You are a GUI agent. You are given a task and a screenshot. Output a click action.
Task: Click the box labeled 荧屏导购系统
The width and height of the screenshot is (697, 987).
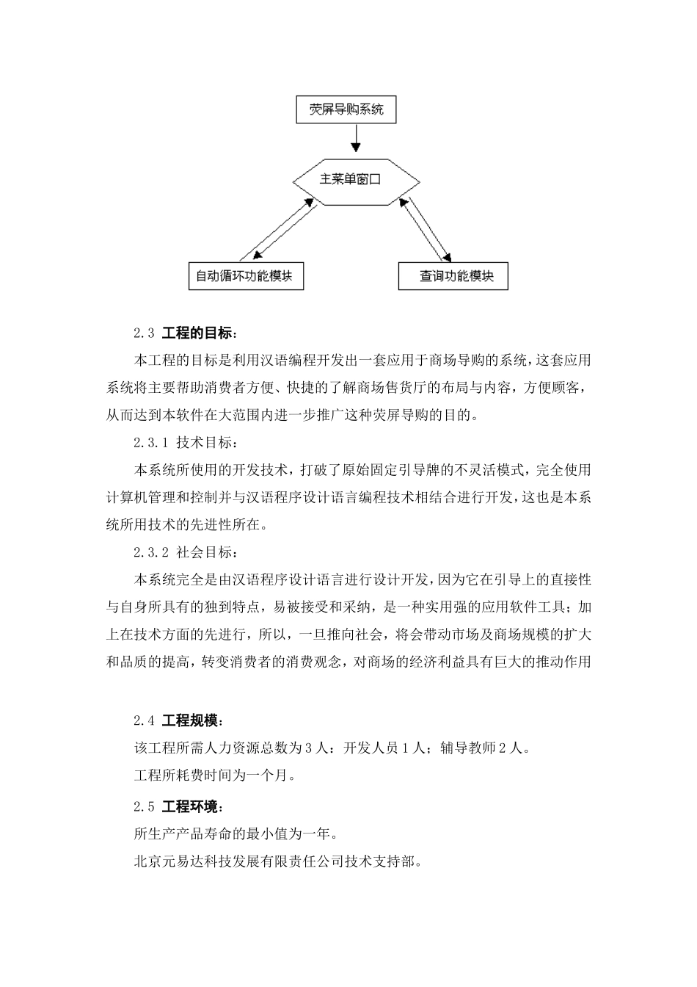pyautogui.click(x=346, y=110)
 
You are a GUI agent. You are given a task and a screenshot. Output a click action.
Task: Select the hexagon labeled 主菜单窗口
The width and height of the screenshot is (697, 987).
pyautogui.click(x=356, y=179)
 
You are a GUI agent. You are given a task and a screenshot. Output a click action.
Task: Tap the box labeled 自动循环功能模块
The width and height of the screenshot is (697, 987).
pyautogui.click(x=245, y=276)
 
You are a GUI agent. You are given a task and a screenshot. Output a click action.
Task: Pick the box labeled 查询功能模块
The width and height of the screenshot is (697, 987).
pyautogui.click(x=453, y=276)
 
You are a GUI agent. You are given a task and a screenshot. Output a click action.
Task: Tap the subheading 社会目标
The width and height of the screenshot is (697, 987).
pyautogui.click(x=206, y=552)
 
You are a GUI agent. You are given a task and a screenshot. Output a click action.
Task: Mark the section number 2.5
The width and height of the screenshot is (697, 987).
pyautogui.click(x=144, y=807)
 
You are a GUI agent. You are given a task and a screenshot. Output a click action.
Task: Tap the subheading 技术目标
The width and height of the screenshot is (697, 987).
pyautogui.click(x=206, y=443)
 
